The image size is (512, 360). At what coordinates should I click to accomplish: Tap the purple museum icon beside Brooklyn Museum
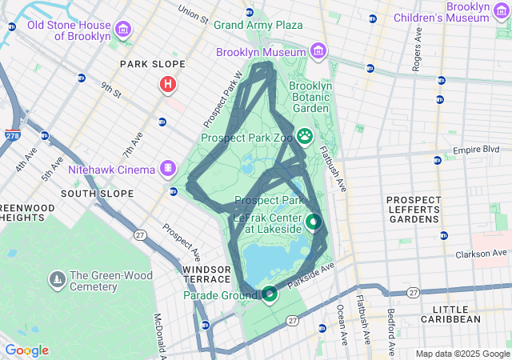[318, 52]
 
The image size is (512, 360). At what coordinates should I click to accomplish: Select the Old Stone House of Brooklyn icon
[123, 30]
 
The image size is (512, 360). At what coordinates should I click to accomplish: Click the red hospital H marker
[168, 84]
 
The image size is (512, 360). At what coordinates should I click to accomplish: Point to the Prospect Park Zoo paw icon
[305, 136]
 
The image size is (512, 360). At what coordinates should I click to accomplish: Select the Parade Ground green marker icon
[270, 294]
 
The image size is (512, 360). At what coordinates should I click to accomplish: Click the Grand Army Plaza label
[258, 25]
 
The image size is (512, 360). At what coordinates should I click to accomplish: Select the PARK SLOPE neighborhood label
[152, 64]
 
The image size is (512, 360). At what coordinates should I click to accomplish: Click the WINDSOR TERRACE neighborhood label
[206, 274]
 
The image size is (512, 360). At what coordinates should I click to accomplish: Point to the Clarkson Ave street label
[485, 255]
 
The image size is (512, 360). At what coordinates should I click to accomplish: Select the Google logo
[26, 350]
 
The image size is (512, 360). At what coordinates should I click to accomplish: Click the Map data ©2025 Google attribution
[462, 354]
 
